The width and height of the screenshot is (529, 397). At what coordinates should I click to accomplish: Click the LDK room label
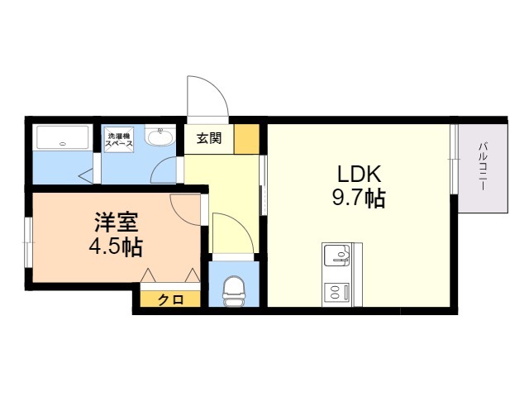point(357,175)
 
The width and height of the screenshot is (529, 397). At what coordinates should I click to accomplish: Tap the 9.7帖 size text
point(357,198)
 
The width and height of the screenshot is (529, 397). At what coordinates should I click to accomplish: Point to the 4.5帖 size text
point(115,246)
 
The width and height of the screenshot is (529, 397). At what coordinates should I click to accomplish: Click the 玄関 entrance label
point(209,138)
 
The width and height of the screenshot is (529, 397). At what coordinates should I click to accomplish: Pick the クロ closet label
point(170,299)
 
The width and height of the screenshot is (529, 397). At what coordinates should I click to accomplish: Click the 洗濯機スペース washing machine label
point(118,139)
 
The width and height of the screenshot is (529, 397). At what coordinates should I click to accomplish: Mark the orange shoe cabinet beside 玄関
point(246,139)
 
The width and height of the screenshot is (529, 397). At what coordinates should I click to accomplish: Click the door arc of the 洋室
point(183,207)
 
